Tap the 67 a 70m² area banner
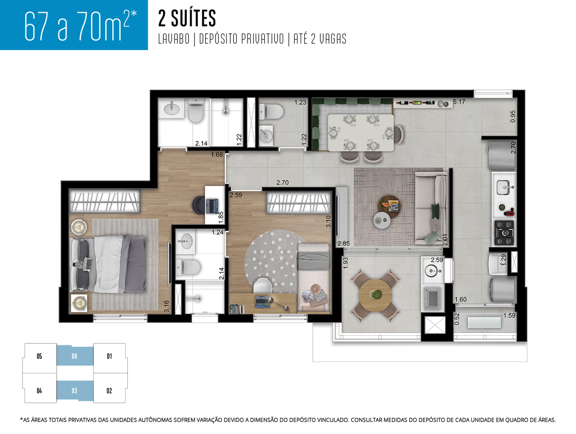tap(74, 25)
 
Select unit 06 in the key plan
tap(75, 356)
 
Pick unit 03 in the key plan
tap(75, 391)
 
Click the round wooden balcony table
tap(375, 295)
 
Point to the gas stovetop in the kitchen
tap(504, 232)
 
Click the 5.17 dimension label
tap(459, 102)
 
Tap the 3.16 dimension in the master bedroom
tap(166, 306)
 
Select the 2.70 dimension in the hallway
tap(282, 182)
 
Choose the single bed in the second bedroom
tap(314, 276)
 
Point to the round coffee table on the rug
tap(389, 206)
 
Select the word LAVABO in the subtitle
tap(174, 39)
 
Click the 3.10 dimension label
tap(328, 221)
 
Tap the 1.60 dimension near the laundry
tap(460, 299)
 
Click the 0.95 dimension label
tap(513, 116)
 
